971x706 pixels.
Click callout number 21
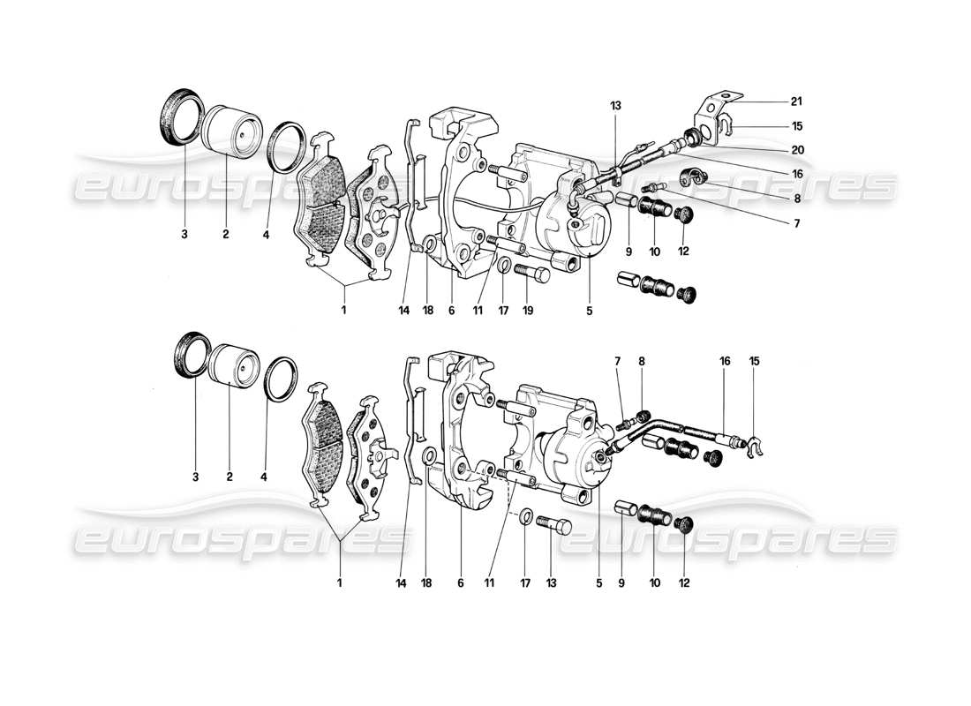tap(796, 101)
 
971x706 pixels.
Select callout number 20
tap(796, 149)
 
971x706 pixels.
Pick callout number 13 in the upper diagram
tap(615, 105)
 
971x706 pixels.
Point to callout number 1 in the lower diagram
tap(339, 582)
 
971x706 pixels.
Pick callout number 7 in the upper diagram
tap(796, 224)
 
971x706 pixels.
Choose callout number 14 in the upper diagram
tap(404, 311)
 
